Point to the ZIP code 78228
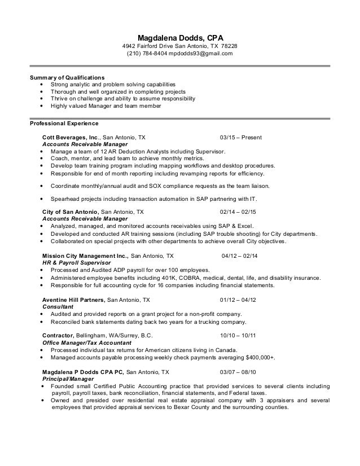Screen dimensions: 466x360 [230, 46]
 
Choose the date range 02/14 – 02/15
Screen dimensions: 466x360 [238, 212]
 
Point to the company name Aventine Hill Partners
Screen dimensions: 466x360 [74, 300]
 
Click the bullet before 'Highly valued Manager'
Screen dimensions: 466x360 [43, 105]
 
